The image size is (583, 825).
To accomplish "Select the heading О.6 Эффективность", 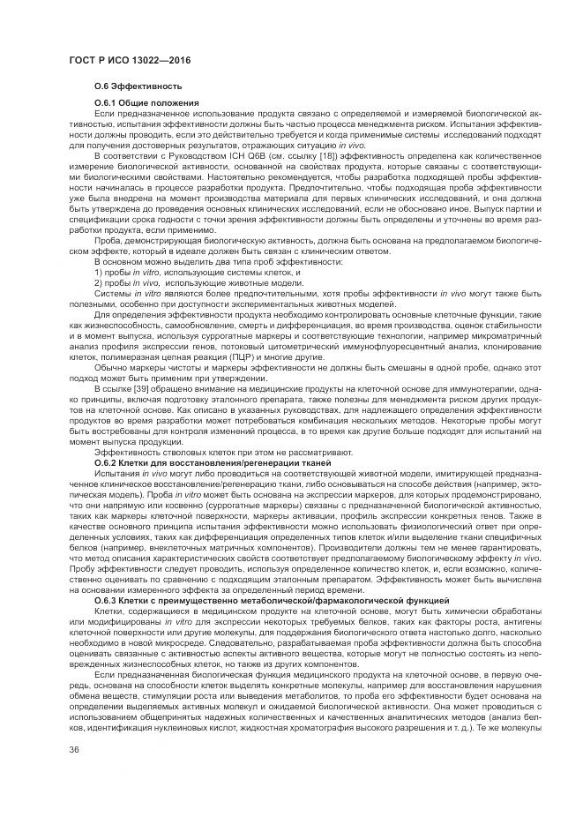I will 138,86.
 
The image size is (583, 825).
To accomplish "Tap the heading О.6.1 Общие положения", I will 146,104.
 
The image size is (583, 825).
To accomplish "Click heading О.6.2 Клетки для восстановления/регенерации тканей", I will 212,462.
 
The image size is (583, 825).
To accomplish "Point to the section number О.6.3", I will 108,600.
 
